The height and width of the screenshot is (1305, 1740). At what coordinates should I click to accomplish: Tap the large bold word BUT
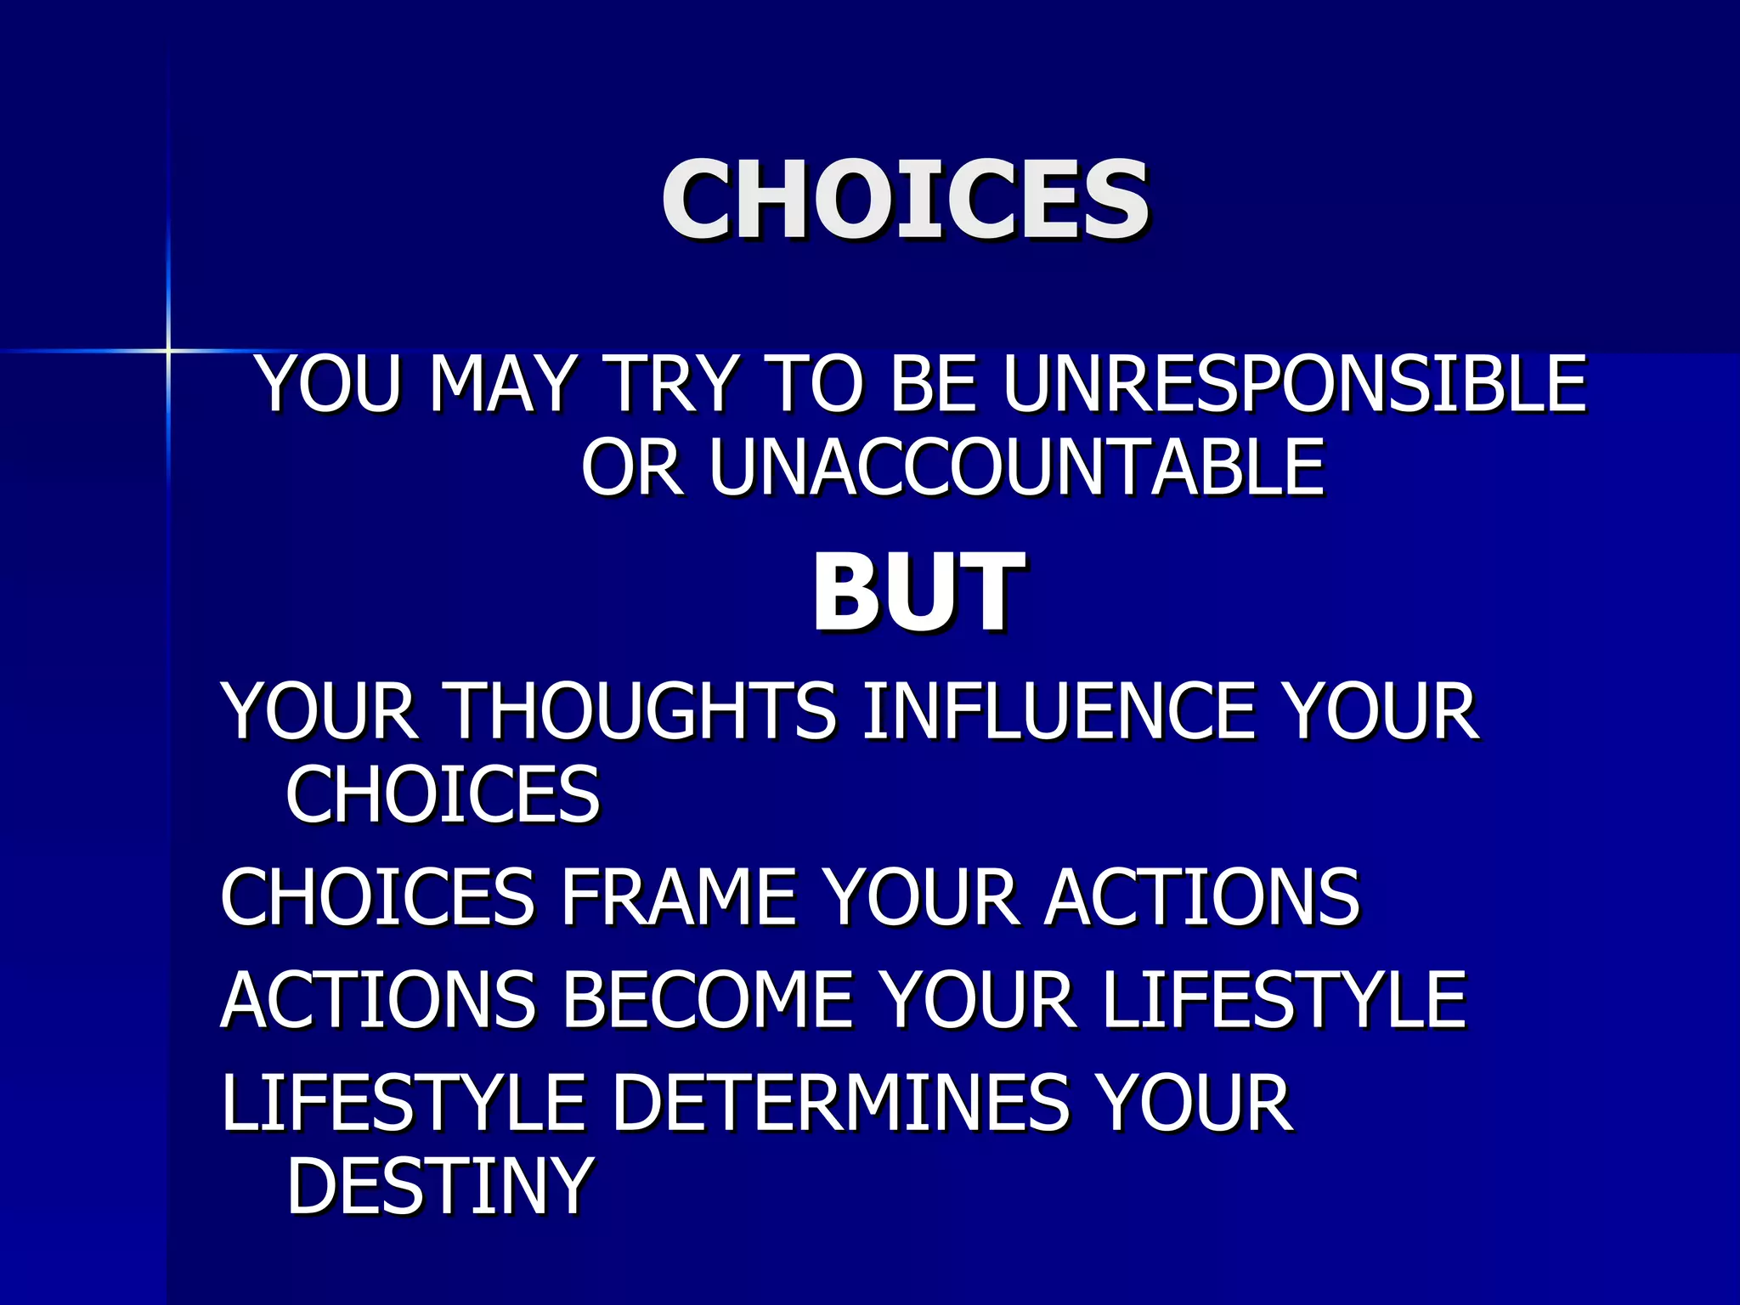pyautogui.click(x=918, y=592)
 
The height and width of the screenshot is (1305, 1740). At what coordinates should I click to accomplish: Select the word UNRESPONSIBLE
pyautogui.click(x=1294, y=384)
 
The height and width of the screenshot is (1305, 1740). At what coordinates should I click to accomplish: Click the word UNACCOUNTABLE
pyautogui.click(x=1016, y=466)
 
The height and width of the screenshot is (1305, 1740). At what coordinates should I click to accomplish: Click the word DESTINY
pyautogui.click(x=440, y=1186)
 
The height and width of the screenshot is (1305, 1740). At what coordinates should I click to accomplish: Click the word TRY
pyautogui.click(x=670, y=384)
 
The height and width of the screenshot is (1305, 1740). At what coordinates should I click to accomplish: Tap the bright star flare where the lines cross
pyautogui.click(x=168, y=350)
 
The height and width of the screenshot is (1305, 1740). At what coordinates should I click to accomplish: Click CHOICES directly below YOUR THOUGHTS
pyautogui.click(x=443, y=794)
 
